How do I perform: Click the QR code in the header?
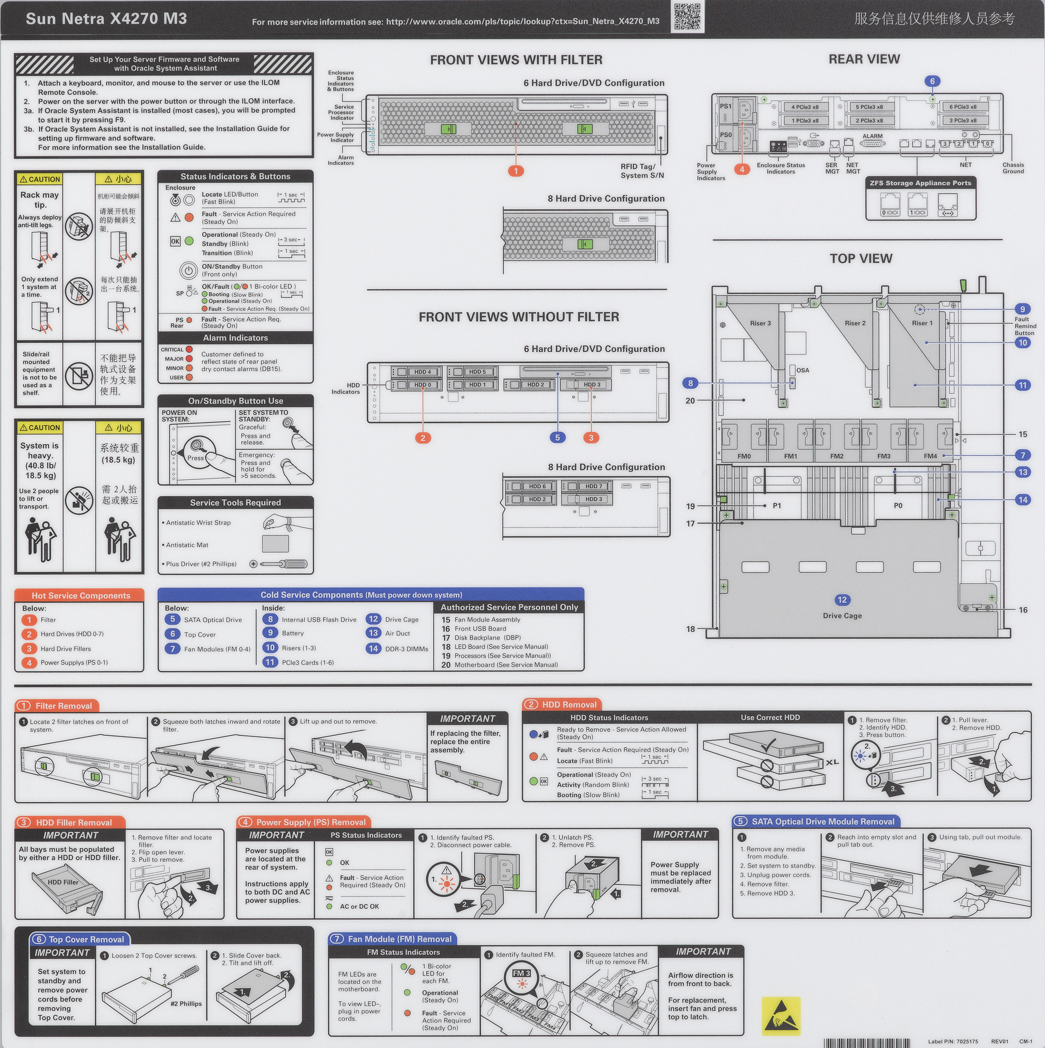coord(687,16)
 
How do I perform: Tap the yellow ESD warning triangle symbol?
coord(781,1014)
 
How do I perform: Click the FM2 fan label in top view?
coord(837,456)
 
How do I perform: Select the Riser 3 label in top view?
coord(760,323)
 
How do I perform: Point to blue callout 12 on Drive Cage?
coord(842,599)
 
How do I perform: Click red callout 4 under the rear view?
coord(742,169)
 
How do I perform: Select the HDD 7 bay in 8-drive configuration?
coord(594,486)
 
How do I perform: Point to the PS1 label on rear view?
coord(725,106)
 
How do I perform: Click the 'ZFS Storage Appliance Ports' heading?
coord(920,183)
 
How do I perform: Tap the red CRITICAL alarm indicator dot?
coord(189,349)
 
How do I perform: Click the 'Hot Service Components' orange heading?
coord(80,595)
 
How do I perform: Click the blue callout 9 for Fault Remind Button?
coord(1022,309)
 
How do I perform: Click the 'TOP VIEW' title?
coord(861,258)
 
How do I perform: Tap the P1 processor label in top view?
coord(777,506)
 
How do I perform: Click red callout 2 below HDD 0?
coord(423,437)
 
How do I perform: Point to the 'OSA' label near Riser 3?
coord(802,370)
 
